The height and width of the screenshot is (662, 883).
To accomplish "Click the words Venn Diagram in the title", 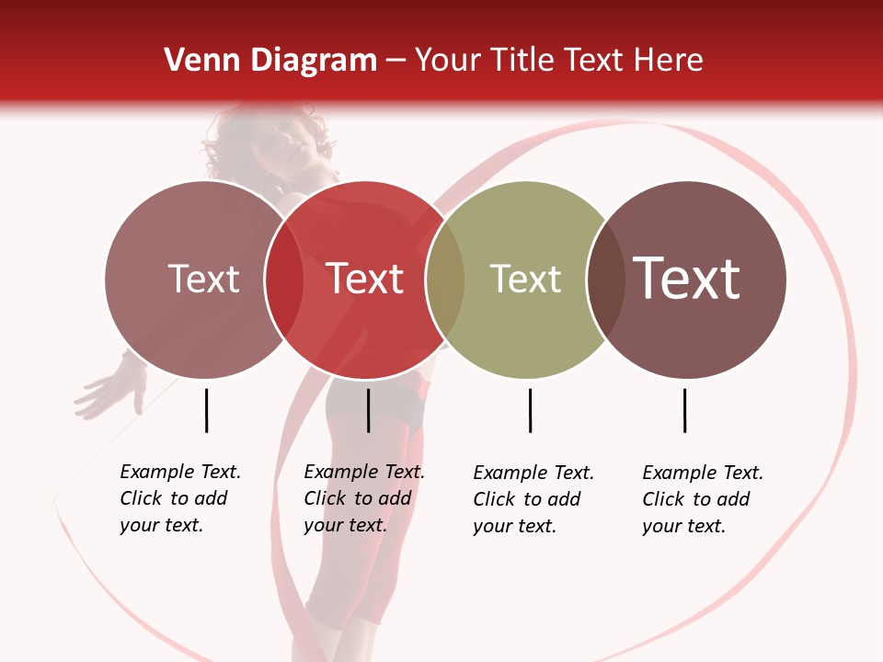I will (270, 61).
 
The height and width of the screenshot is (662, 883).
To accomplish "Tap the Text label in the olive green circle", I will (525, 279).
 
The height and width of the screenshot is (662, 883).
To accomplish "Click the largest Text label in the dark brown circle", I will (687, 278).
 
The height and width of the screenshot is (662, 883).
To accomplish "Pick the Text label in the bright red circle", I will (365, 279).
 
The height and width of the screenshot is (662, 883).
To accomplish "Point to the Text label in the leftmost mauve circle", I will (203, 279).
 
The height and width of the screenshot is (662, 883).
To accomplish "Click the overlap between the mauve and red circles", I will (284, 280).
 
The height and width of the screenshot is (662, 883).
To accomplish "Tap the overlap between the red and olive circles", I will (445, 280).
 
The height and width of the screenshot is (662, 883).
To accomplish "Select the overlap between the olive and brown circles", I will (606, 280).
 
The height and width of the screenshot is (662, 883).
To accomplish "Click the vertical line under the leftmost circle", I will (206, 410).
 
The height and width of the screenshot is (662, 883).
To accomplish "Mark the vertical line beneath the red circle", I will (368, 410).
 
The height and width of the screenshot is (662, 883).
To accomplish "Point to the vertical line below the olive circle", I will (530, 410).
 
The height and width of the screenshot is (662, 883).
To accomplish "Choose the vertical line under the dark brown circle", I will (684, 410).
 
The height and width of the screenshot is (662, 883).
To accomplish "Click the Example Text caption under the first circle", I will (179, 498).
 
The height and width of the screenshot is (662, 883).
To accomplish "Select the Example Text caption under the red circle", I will (363, 498).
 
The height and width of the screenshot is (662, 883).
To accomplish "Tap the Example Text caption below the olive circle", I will (533, 499).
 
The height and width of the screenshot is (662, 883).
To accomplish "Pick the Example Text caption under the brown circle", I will (702, 499).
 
